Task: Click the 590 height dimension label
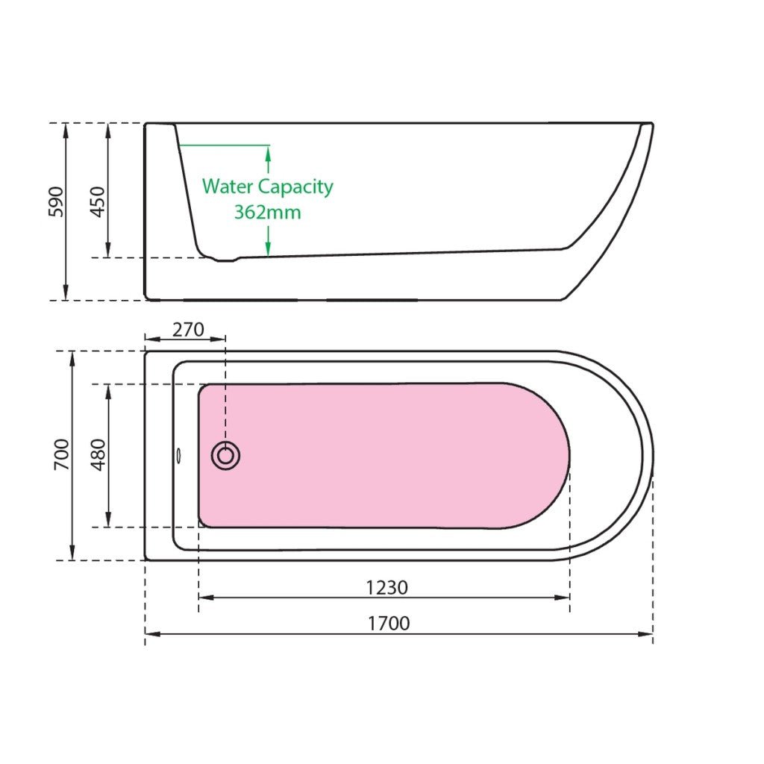(56, 201)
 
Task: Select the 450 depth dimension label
(98, 201)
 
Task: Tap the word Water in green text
(228, 186)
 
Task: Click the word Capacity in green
(295, 187)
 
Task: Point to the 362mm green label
(268, 213)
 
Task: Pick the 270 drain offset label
(188, 330)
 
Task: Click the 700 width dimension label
(62, 454)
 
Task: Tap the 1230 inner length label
(387, 588)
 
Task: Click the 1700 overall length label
(388, 623)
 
